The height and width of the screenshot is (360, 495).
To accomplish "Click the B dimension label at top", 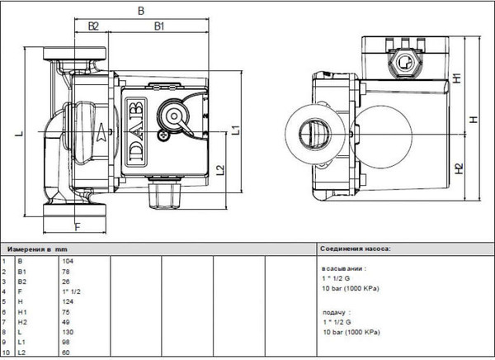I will point(140,12).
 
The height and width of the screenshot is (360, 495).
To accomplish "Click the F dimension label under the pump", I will point(77,225).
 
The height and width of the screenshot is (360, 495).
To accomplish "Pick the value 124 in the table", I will point(67,302).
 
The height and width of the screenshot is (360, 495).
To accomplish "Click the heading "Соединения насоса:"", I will point(355,248).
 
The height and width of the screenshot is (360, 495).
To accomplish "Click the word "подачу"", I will point(334,312).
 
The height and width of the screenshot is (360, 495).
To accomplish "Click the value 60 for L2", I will point(65,353).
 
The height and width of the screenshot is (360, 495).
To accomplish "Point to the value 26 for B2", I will point(65,282).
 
